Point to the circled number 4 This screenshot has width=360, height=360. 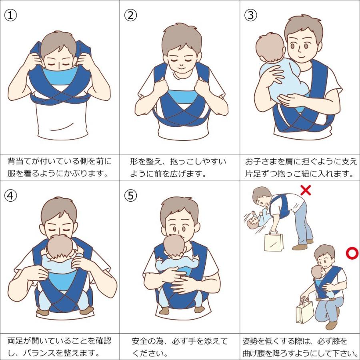(10, 195)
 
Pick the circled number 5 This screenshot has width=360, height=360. (130, 195)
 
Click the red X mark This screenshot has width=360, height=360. (306, 190)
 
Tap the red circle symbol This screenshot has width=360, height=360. (352, 253)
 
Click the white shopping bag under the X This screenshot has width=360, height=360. (273, 241)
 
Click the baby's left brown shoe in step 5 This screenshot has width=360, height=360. (164, 310)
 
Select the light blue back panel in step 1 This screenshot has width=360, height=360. (60, 76)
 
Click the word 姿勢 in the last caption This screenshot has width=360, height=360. (251, 342)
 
